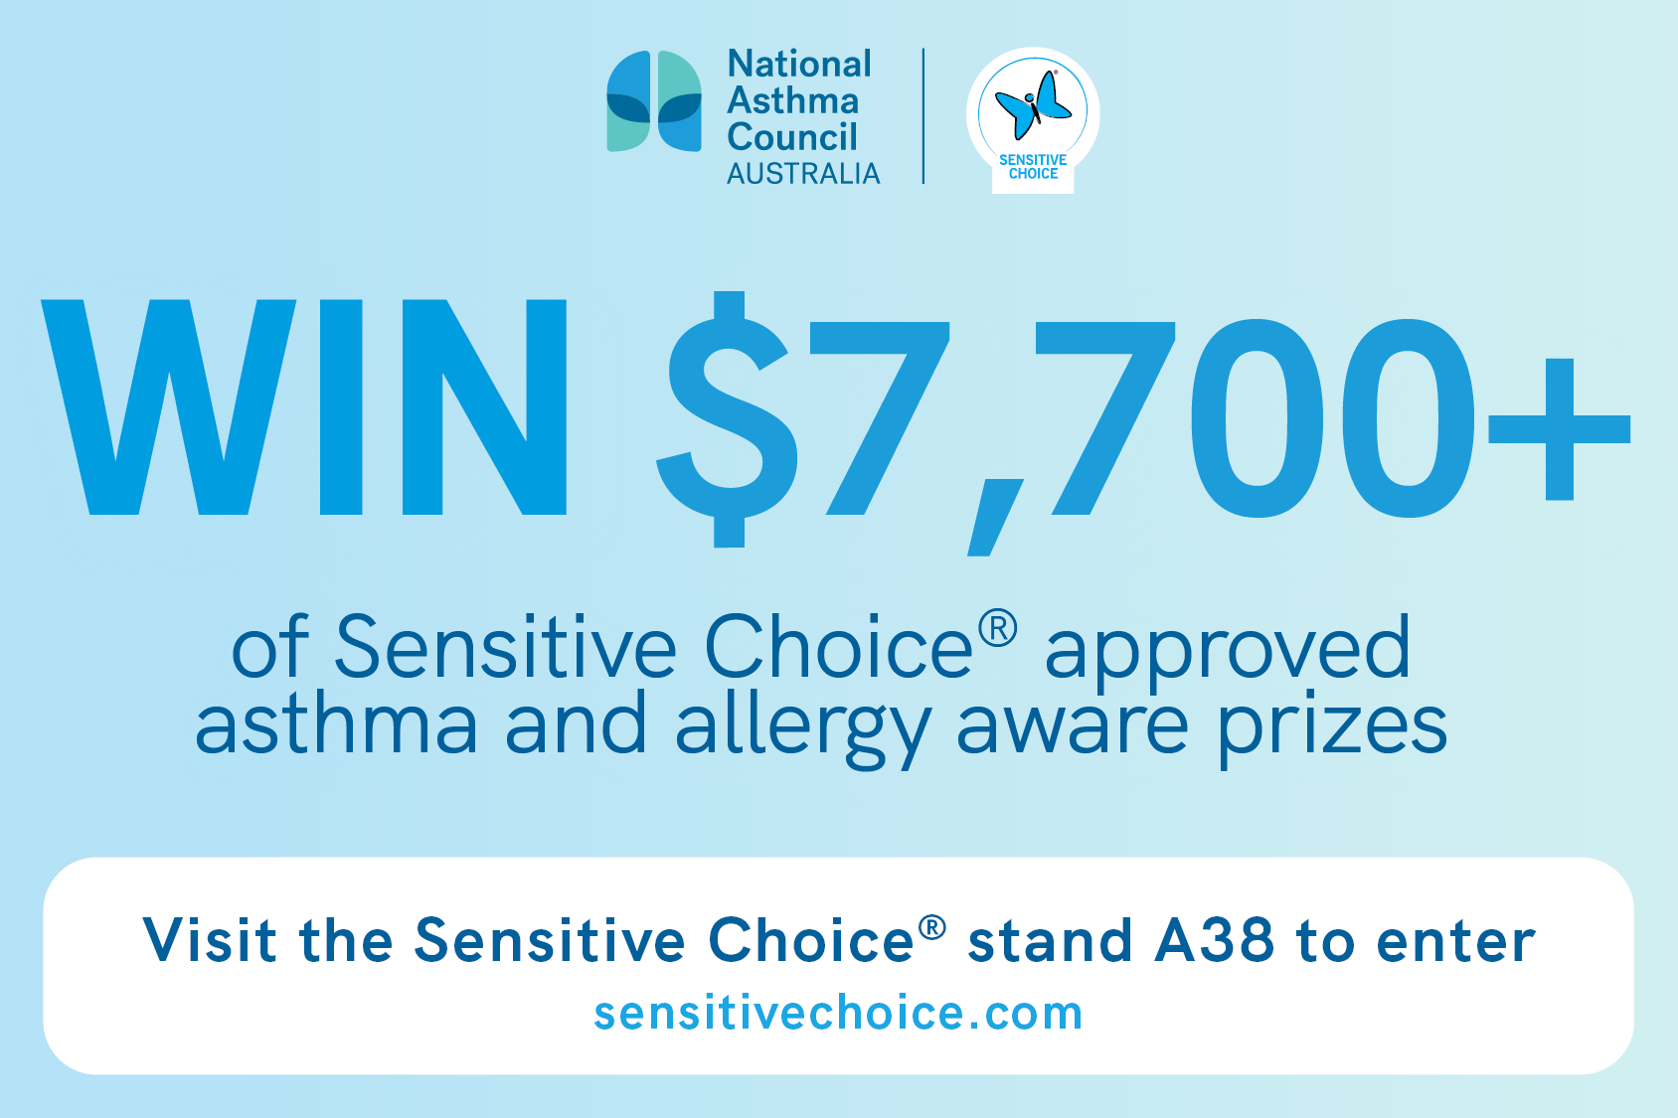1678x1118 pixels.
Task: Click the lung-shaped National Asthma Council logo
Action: pyautogui.click(x=654, y=101)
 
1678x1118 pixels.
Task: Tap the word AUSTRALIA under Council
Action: pyautogui.click(x=803, y=174)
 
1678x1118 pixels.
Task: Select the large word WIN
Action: pyautogui.click(x=304, y=407)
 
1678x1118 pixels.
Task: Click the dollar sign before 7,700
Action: pyautogui.click(x=728, y=419)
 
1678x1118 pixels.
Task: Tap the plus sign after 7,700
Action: pyautogui.click(x=1559, y=429)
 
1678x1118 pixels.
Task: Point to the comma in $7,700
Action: pyautogui.click(x=995, y=518)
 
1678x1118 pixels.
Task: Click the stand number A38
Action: pyautogui.click(x=1215, y=940)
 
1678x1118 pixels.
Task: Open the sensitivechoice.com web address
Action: pyautogui.click(x=838, y=1014)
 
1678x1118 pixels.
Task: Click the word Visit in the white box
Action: pyautogui.click(x=210, y=940)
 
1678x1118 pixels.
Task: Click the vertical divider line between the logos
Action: pyautogui.click(x=923, y=116)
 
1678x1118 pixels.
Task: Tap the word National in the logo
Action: pyautogui.click(x=799, y=64)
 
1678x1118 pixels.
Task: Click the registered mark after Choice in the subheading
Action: pyautogui.click(x=998, y=627)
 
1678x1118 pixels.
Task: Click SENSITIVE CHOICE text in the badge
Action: pyautogui.click(x=1033, y=167)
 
